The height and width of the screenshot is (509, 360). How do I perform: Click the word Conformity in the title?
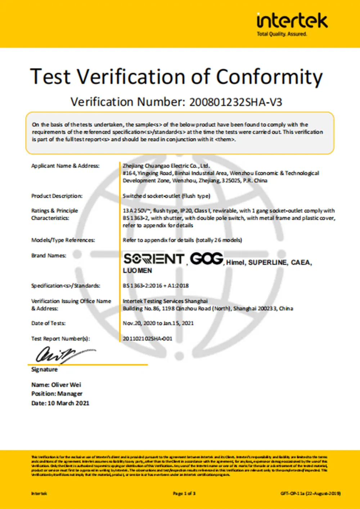(269, 77)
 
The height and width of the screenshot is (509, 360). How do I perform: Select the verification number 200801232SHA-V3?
(236, 102)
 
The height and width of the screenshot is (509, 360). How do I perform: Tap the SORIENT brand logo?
(154, 259)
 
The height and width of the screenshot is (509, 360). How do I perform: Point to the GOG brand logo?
(207, 259)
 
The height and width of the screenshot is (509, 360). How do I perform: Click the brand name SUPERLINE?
(268, 263)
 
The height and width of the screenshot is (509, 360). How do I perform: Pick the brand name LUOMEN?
(138, 271)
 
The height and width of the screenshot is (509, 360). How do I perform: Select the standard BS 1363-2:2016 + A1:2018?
(156, 286)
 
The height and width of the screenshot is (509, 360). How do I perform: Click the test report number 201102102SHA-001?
(148, 338)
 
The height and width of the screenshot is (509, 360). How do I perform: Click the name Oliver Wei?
(66, 385)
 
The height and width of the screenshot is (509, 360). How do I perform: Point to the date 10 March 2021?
(68, 403)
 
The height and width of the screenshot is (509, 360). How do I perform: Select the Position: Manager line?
(57, 394)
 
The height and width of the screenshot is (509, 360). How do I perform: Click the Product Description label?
(57, 196)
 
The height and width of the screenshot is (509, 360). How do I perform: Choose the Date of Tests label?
(48, 323)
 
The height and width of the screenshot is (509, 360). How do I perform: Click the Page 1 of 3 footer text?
(184, 494)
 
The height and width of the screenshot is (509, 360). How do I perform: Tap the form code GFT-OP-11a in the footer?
(292, 494)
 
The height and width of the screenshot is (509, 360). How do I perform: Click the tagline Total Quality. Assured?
(282, 34)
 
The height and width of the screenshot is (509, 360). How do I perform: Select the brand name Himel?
(235, 263)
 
